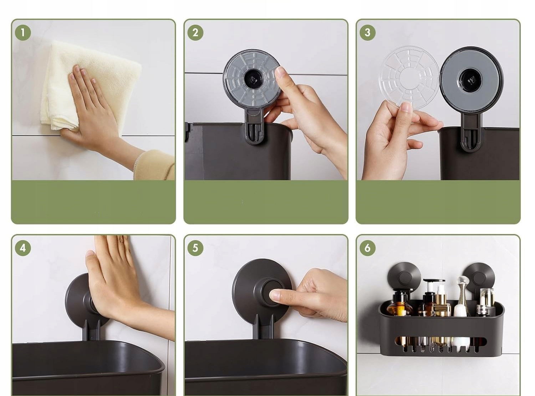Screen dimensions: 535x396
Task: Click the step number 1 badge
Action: point(23,32)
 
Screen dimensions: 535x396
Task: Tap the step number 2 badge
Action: point(195,32)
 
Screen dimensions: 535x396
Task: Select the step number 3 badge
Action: point(367,32)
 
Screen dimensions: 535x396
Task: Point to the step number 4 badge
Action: point(23,248)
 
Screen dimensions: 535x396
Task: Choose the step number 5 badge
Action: point(195,248)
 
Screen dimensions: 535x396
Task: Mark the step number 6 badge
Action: point(367,248)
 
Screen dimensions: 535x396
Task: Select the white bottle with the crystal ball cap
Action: point(462,299)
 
